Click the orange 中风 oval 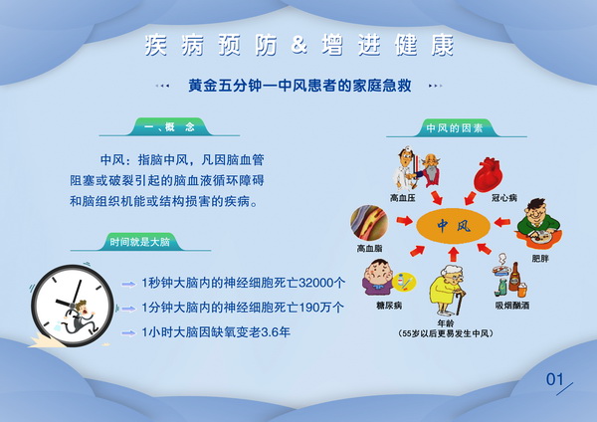click(453, 226)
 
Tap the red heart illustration click(489, 175)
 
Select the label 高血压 click(403, 198)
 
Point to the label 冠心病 click(504, 198)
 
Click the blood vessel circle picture click(369, 223)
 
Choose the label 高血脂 click(369, 249)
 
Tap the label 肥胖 click(540, 259)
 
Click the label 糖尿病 click(389, 306)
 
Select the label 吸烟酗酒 click(512, 306)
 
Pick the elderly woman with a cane click(448, 290)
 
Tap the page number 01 click(555, 379)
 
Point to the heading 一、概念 click(170, 127)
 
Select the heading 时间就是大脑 click(139, 242)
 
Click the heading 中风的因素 click(455, 128)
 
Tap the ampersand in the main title click(299, 45)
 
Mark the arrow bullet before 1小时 click(128, 333)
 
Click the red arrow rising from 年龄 click(453, 255)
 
